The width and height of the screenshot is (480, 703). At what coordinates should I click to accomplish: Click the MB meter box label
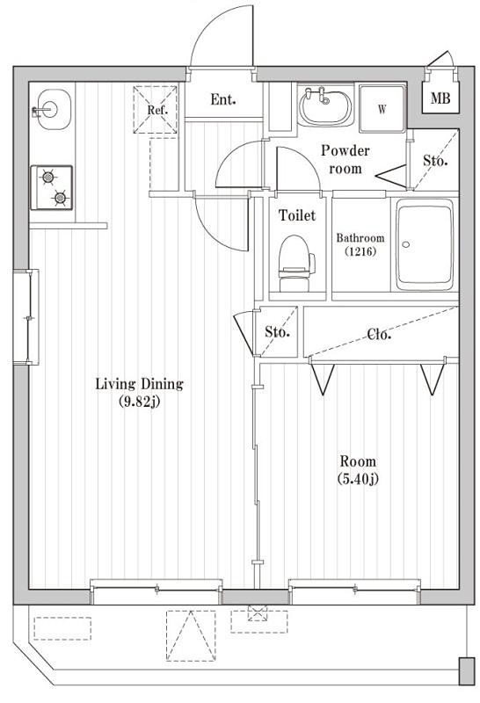[x=440, y=99]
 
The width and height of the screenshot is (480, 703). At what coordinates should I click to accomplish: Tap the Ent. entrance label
[x=222, y=100]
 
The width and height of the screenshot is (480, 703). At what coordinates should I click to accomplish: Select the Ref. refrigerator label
[x=157, y=111]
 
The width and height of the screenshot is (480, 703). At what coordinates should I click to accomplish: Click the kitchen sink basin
[x=49, y=110]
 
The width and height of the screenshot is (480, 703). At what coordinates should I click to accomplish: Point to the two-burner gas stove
[x=52, y=187]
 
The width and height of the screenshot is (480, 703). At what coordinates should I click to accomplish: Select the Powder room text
[x=345, y=159]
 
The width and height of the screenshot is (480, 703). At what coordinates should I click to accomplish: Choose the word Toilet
[x=297, y=215]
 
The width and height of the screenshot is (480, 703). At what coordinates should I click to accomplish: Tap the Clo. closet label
[x=379, y=334]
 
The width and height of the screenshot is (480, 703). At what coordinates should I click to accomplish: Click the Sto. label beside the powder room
[x=435, y=161]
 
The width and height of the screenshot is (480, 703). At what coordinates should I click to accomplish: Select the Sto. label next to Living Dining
[x=278, y=332]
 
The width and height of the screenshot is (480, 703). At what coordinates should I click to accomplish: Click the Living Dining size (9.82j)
[x=138, y=403]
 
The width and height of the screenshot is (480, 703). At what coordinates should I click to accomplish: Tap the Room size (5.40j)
[x=357, y=479]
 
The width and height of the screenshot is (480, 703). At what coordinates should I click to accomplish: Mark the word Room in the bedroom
[x=357, y=461]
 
